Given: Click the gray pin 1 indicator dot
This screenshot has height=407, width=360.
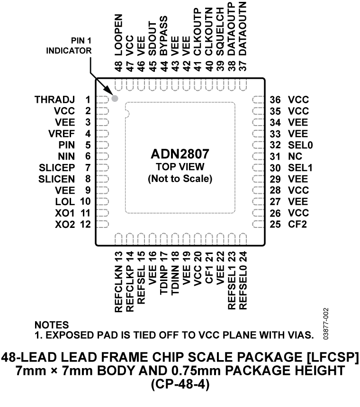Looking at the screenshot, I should [114, 99].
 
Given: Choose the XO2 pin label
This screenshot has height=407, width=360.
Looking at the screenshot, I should [64, 224].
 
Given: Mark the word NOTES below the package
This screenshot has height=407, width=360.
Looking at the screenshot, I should [51, 326].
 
